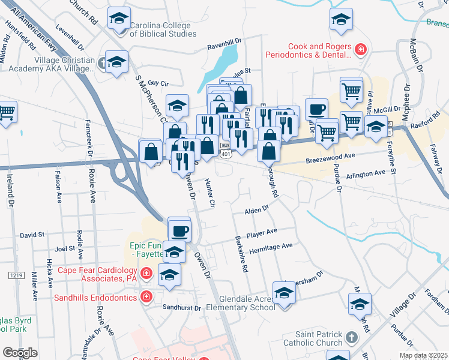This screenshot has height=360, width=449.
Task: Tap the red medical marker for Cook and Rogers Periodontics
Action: pyautogui.click(x=361, y=49)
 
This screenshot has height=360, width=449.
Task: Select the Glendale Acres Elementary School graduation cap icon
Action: pyautogui.click(x=284, y=293)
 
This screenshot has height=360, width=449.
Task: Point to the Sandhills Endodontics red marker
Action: pyautogui.click(x=145, y=296)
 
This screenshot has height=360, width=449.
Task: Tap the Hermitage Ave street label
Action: pyautogui.click(x=274, y=246)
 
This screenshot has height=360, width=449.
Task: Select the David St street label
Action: pyautogui.click(x=32, y=235)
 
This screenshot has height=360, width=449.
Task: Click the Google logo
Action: pyautogui.click(x=20, y=353)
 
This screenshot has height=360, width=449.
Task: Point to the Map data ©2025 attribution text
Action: pyautogui.click(x=423, y=355)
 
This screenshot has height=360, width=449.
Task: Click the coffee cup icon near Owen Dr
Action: pyautogui.click(x=179, y=230)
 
